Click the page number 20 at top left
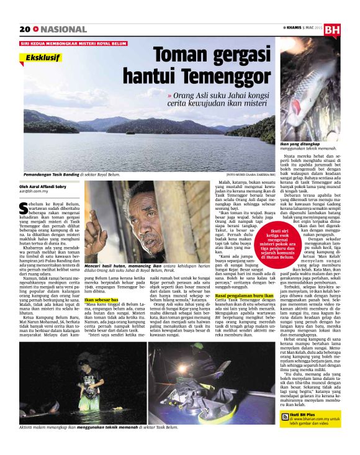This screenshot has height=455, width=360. pyautogui.click(x=25, y=29)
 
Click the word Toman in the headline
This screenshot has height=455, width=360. pyautogui.click(x=183, y=56)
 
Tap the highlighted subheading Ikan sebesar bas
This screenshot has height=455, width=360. pyautogui.click(x=101, y=300)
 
